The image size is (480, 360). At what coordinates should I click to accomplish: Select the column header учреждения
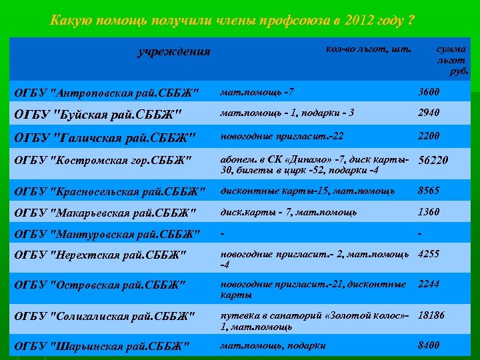[173, 51]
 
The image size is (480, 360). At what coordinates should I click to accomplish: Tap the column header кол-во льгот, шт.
[369, 49]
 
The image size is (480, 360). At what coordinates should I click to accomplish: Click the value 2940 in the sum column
[429, 113]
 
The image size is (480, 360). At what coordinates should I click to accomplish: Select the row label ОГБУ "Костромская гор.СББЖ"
[103, 160]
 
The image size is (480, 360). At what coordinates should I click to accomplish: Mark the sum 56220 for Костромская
[433, 160]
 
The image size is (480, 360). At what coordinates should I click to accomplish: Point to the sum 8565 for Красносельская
[429, 191]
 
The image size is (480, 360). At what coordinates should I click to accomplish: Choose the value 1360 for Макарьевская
[429, 212]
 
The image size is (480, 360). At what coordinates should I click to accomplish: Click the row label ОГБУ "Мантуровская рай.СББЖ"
[107, 234]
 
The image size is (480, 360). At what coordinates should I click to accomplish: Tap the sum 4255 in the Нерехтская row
[429, 254]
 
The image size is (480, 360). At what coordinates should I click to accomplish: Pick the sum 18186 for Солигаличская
[431, 314]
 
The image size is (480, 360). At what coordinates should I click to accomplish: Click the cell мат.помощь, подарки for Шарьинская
[273, 345]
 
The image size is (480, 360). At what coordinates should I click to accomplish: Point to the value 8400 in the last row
[429, 345]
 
